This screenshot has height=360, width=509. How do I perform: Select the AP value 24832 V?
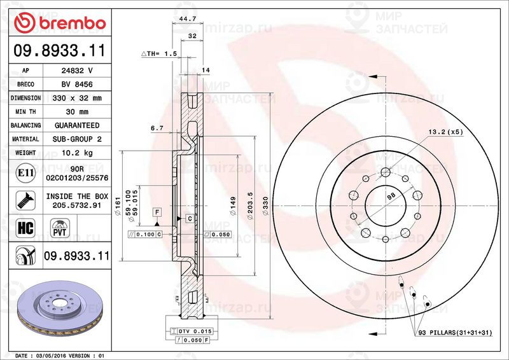pyautogui.click(x=77, y=71)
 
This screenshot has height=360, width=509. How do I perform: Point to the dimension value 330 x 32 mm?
pyautogui.click(x=77, y=99)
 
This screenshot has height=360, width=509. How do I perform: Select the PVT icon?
pyautogui.click(x=59, y=228)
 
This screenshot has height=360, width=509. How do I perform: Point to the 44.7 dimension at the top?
pyautogui.click(x=187, y=20)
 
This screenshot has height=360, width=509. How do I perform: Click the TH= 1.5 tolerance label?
pyautogui.click(x=158, y=55)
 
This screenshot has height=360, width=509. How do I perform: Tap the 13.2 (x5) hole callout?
pyautogui.click(x=445, y=132)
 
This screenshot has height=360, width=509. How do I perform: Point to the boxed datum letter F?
pyautogui.click(x=155, y=210)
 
